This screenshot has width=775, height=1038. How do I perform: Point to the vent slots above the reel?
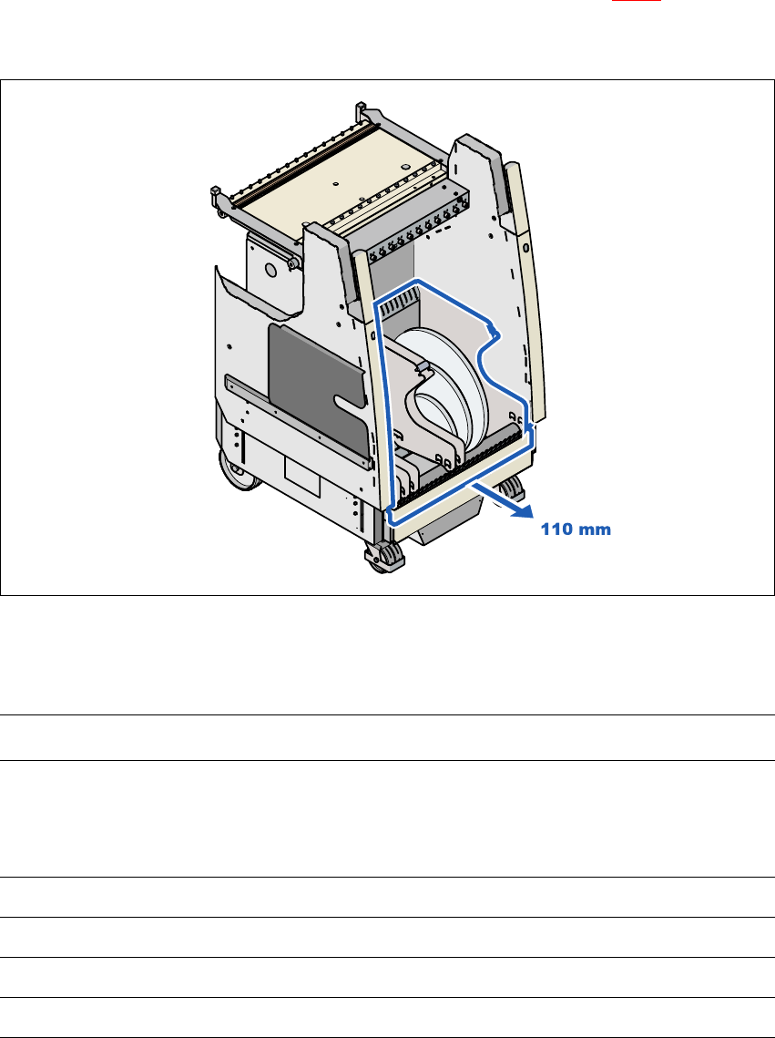click(401, 305)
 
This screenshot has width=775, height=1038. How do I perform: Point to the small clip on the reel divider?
click(421, 369)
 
